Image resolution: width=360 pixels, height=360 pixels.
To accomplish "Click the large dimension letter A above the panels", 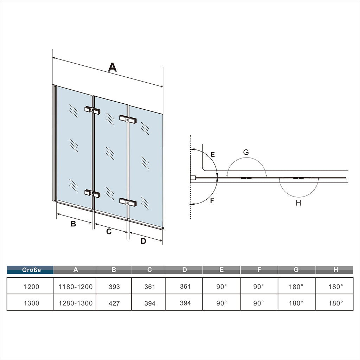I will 112,67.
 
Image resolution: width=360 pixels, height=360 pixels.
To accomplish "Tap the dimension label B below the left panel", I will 73,224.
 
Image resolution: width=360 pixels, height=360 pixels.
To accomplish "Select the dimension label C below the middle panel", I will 109,231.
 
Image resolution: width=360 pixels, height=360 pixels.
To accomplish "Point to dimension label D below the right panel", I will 143,241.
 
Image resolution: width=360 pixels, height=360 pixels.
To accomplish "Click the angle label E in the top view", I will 212,154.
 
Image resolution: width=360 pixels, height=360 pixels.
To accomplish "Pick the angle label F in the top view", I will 212,201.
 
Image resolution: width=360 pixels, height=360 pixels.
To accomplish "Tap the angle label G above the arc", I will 246,152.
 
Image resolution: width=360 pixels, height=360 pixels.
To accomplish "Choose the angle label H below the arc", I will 298,203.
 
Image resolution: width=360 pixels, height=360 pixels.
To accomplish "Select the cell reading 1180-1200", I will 75,287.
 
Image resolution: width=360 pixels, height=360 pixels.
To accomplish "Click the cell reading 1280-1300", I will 75,303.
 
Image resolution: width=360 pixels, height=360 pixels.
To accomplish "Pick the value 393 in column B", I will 114,287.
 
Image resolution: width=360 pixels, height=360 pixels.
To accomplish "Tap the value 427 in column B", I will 114,303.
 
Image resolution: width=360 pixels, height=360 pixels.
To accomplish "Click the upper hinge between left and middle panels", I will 92,110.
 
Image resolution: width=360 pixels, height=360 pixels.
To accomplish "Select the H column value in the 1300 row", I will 336,303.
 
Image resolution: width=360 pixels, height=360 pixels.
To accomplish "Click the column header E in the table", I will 221,270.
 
